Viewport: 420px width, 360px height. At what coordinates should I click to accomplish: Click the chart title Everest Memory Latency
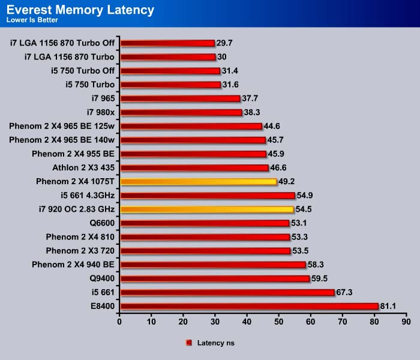[80, 10]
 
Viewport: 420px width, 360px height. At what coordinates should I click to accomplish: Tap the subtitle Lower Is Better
[32, 20]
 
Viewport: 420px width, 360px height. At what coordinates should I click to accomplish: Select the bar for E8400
[250, 306]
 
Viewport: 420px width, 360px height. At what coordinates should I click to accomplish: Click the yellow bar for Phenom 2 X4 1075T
[199, 182]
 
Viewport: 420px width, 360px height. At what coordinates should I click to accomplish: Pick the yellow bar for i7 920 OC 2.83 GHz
[207, 209]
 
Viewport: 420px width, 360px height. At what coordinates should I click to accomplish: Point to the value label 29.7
[224, 43]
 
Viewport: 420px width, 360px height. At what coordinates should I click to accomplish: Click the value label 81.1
[388, 306]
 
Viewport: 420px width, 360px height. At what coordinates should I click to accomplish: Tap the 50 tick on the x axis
[278, 322]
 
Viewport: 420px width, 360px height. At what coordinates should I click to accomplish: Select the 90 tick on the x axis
[406, 322]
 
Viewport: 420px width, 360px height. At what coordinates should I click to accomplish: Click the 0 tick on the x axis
[119, 322]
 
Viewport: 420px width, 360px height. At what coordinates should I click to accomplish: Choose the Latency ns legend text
[215, 343]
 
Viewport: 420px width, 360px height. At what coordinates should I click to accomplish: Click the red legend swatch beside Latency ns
[189, 343]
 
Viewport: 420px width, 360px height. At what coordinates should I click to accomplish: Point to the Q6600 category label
[102, 223]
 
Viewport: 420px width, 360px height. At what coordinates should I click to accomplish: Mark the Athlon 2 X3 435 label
[83, 167]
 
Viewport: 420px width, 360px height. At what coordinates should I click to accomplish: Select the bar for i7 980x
[181, 112]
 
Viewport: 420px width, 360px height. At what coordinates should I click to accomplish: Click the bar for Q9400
[215, 278]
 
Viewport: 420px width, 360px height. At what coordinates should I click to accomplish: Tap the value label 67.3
[344, 292]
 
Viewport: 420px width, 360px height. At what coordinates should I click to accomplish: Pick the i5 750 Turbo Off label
[83, 71]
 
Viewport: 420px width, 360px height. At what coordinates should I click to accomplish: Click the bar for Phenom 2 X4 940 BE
[213, 265]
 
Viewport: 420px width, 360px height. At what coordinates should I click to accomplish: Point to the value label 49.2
[286, 181]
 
